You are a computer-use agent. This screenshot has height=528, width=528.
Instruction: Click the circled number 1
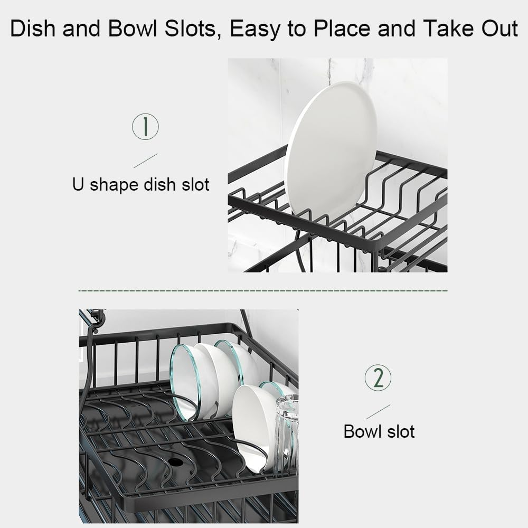point(145,127)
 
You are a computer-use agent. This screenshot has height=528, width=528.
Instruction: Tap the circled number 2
point(378,378)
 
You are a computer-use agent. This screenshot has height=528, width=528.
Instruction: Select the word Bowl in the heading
point(125,29)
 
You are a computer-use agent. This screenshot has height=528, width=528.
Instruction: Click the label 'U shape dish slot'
point(140,184)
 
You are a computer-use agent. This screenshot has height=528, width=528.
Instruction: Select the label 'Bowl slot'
point(379,431)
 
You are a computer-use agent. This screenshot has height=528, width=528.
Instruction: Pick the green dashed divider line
point(262,290)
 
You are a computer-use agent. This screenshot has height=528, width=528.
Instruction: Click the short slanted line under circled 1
point(146,161)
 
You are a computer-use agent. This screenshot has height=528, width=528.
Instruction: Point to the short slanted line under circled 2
point(378,412)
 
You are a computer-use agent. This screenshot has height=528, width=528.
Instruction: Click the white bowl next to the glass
point(254,425)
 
